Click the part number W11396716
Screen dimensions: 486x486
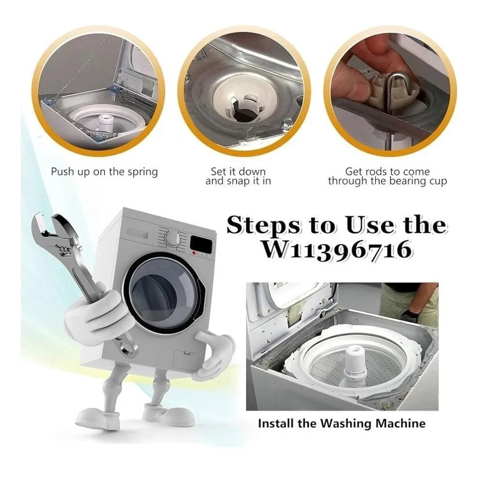[x=337, y=249]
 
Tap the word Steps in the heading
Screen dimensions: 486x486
[x=263, y=226]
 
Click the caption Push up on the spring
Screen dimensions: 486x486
[x=104, y=172]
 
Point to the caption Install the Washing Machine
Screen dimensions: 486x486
[x=342, y=423]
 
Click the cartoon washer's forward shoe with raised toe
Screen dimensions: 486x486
[x=169, y=414]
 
